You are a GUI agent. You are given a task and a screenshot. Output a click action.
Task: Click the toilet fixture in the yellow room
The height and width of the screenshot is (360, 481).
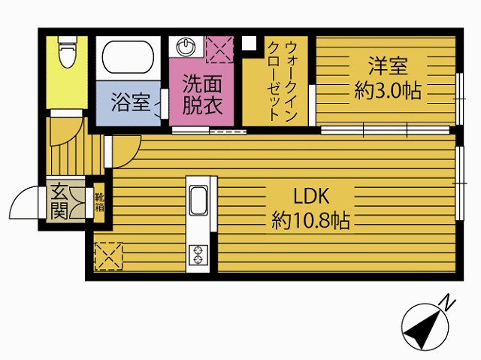(67, 52)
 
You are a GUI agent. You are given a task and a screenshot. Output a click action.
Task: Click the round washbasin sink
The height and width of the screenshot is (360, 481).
(186, 47)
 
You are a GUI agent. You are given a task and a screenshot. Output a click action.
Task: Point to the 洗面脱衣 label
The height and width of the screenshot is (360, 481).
(202, 95)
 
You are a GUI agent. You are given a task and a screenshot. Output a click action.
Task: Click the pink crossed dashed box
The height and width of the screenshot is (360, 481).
(220, 50)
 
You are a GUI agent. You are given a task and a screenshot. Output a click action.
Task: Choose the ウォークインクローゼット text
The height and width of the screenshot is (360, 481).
(283, 81)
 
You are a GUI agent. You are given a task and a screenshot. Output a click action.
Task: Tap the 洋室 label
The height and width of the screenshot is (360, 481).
(388, 66)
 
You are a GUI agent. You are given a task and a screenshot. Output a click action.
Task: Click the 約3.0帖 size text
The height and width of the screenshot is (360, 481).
(388, 91)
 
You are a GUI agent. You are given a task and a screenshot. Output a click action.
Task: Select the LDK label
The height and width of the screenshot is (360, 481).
(311, 196)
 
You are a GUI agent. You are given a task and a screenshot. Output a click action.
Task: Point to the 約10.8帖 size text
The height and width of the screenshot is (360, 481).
(310, 220)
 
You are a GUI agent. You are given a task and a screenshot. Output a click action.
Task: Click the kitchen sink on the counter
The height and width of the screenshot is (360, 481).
(198, 201)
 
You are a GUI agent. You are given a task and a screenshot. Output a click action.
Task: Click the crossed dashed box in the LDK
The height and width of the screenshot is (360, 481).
(108, 256)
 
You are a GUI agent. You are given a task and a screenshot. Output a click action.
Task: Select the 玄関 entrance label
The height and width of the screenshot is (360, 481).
(59, 201)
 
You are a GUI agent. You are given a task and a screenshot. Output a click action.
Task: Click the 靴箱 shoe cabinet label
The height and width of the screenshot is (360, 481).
(99, 202)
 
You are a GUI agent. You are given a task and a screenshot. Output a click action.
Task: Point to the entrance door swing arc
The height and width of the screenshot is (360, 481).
(19, 196)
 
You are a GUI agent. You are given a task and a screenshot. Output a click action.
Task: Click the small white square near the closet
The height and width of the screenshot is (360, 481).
(249, 44)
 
